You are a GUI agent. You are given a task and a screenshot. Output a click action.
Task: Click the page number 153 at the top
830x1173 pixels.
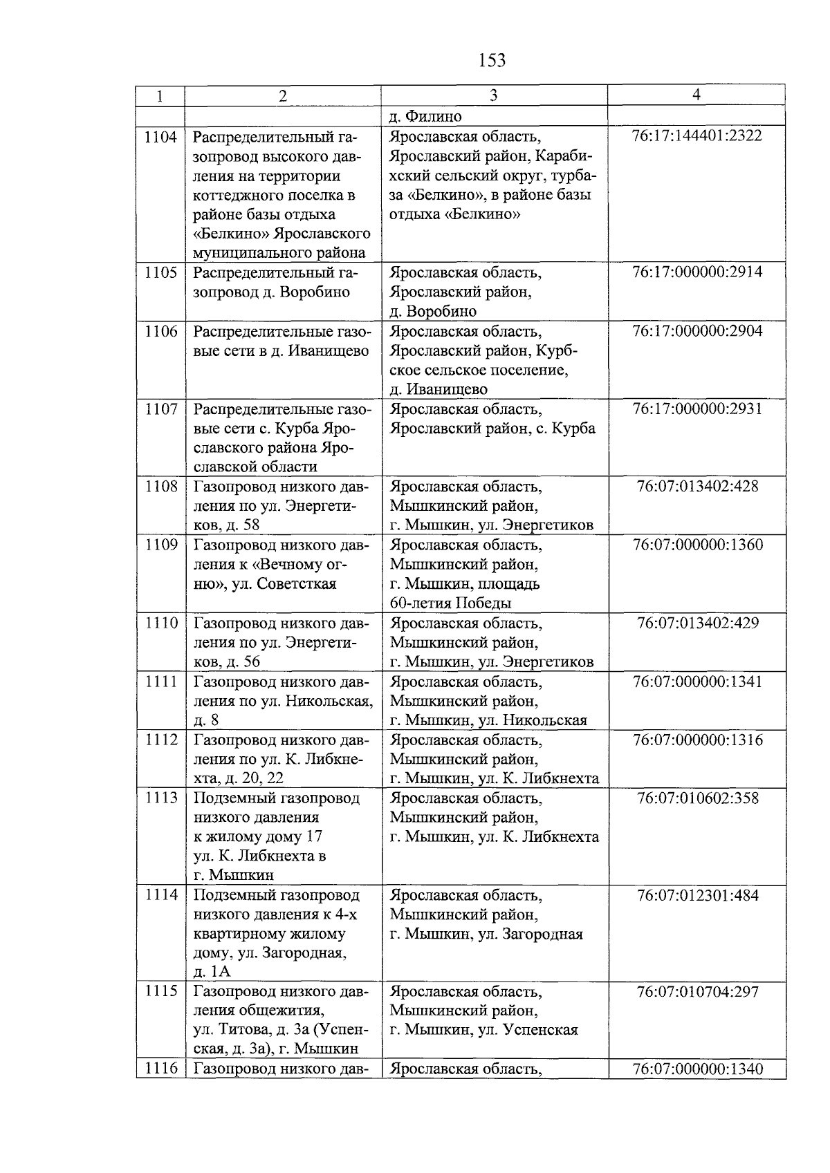click(492, 61)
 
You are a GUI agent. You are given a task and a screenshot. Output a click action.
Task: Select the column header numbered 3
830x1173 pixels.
click(493, 96)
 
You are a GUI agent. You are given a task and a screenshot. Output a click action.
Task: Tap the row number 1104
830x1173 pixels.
click(160, 137)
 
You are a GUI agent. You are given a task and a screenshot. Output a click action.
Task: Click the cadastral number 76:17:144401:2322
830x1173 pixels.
click(697, 135)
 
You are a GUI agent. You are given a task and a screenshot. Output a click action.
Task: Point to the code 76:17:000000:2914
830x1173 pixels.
click(697, 272)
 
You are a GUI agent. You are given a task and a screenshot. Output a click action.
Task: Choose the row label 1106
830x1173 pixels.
click(160, 332)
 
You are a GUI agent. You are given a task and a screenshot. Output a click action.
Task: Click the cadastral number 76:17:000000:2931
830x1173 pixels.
click(697, 409)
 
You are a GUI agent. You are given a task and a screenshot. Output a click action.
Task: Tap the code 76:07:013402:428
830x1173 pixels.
click(697, 487)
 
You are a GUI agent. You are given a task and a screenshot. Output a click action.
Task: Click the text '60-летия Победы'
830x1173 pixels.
click(450, 603)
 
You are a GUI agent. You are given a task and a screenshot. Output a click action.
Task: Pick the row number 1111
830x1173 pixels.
click(160, 682)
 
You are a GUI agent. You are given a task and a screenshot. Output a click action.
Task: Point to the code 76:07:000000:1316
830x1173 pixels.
click(697, 740)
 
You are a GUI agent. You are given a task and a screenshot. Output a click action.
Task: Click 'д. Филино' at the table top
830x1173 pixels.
click(425, 116)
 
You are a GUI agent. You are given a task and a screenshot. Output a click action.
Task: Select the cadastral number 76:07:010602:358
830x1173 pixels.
click(697, 798)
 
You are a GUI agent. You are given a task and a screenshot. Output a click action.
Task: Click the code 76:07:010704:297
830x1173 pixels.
click(697, 992)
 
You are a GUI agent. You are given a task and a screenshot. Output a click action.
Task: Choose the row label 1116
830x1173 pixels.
click(160, 1069)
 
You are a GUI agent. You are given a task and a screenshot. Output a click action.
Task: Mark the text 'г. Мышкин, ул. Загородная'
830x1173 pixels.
click(486, 935)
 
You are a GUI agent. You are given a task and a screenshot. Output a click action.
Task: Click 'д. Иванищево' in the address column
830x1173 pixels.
click(439, 389)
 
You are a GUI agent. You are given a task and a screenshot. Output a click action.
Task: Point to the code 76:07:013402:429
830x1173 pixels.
click(697, 623)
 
